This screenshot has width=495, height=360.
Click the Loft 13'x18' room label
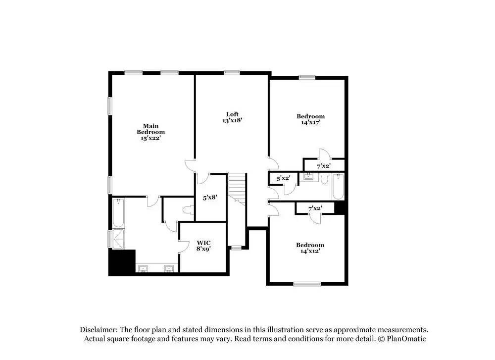232,117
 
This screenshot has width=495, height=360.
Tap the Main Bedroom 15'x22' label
150,132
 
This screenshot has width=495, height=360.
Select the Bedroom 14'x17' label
310,119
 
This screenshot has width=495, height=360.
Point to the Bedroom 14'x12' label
310,248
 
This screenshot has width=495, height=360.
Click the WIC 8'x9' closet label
203,246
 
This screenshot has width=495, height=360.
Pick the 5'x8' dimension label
210,198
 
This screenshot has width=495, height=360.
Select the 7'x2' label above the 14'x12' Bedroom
315,208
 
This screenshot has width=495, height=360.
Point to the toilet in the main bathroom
188,210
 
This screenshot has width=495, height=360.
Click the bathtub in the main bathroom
118,212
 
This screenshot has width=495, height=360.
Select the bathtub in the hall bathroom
338,187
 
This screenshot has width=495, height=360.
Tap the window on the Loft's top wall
232,73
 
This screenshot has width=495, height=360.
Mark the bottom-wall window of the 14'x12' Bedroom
307,284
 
